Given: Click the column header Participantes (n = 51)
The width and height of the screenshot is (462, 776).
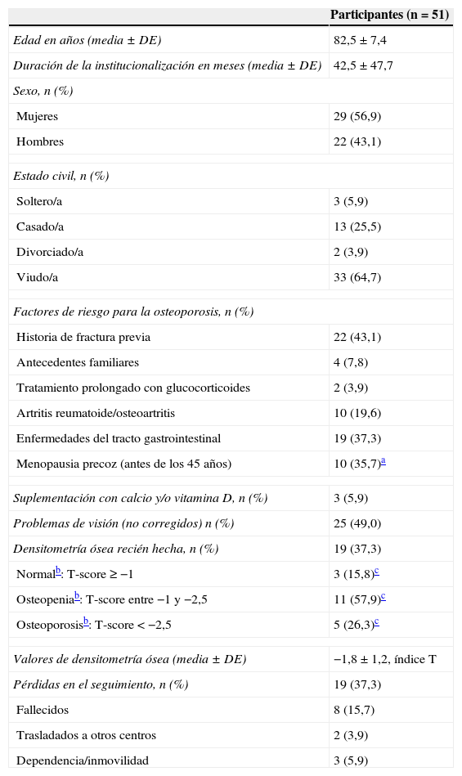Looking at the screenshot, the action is tap(389, 15).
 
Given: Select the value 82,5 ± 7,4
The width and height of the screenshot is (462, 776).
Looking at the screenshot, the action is tap(361, 40).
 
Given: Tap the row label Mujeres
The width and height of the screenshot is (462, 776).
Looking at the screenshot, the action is tap(37, 116).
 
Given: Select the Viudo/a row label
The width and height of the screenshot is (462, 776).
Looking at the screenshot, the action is tap(38, 277).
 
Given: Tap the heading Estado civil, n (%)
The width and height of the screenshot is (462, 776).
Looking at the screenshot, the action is tap(61, 176).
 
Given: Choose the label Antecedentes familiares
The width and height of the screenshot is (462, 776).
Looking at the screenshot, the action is tap(78, 362).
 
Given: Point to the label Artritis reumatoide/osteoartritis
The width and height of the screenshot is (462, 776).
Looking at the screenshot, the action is tap(96, 413).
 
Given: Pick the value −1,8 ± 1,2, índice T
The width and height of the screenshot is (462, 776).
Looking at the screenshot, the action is tap(384, 659).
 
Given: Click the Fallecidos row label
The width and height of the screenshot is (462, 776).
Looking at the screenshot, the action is tap(43, 710).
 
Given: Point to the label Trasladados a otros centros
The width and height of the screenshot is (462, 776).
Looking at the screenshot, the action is tap(85, 735).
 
